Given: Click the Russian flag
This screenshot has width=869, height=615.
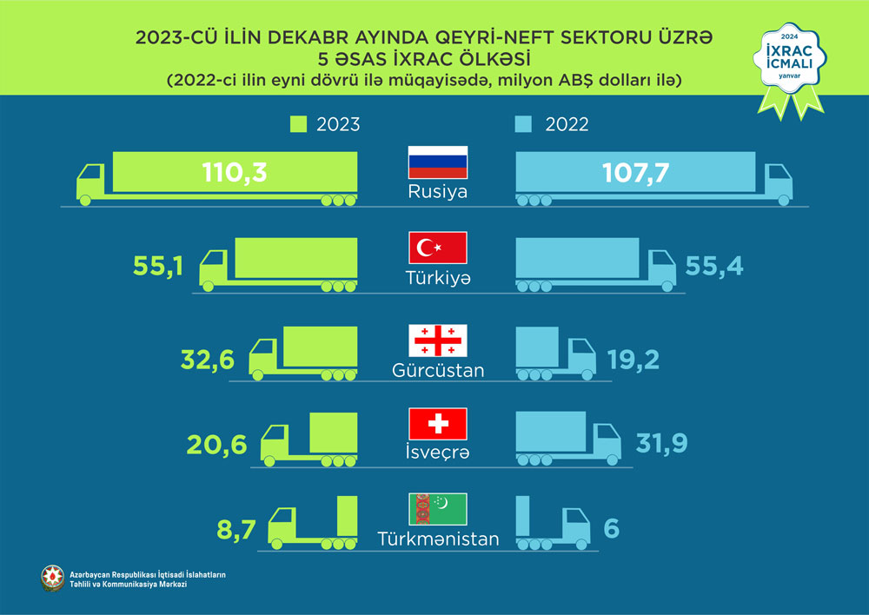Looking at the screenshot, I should pyautogui.click(x=438, y=162).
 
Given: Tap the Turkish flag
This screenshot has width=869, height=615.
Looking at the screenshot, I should pyautogui.click(x=438, y=248).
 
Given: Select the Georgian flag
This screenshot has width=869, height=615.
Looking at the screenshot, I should pyautogui.click(x=438, y=340).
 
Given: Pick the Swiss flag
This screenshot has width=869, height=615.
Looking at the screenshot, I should pyautogui.click(x=438, y=423).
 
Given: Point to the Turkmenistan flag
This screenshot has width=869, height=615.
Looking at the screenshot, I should pyautogui.click(x=438, y=508).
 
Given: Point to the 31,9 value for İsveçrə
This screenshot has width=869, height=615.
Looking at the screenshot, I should pyautogui.click(x=661, y=443).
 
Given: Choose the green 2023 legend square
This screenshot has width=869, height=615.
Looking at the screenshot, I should pyautogui.click(x=298, y=124).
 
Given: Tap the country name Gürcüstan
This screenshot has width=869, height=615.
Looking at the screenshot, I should pyautogui.click(x=438, y=371).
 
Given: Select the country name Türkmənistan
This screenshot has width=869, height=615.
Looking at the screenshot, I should pyautogui.click(x=438, y=539).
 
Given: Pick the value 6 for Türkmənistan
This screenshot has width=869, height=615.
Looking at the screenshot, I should pyautogui.click(x=611, y=527).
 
